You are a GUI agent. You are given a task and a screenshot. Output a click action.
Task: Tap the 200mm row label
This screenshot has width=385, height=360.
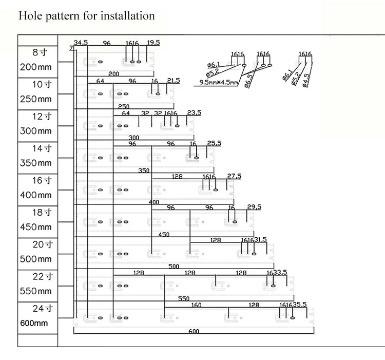point(36,67)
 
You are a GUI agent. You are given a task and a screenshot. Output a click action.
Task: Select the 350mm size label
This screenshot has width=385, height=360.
point(36,163)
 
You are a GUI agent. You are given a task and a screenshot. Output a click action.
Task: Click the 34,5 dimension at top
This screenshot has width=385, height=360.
point(82,42)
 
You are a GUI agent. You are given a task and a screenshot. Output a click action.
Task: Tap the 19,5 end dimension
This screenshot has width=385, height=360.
point(153,42)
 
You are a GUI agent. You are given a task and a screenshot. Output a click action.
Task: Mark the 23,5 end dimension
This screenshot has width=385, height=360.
point(194,113)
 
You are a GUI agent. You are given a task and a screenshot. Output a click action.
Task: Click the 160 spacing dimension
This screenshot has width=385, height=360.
point(197,305)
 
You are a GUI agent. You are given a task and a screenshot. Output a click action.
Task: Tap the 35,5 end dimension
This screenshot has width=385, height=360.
point(299,305)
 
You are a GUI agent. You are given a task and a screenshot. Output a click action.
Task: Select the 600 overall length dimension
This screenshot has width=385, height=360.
point(194,331)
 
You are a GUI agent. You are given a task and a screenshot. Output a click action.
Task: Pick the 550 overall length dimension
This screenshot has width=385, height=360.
point(184,298)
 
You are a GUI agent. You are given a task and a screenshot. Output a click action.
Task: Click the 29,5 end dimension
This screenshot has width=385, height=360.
point(254,207)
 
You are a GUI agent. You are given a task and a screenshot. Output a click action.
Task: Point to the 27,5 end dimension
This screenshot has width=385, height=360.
point(234,176)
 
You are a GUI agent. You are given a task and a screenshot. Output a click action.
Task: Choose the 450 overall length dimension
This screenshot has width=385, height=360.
point(164,235)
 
